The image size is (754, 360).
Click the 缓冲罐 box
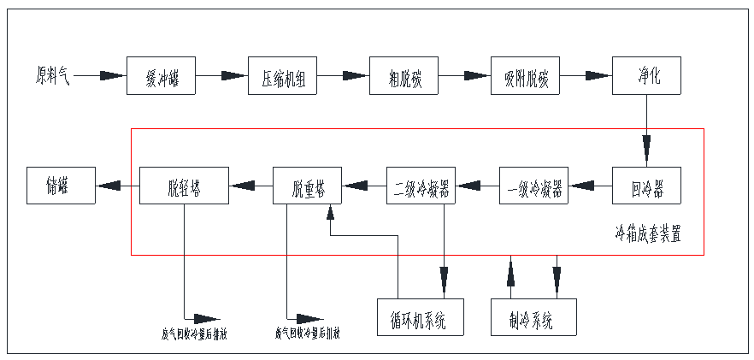tap(162, 76)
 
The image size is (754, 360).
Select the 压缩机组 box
tap(283, 76)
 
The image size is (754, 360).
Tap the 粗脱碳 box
tap(404, 76)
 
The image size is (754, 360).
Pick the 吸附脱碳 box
tap(526, 76)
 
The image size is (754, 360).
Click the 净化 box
tap(647, 76)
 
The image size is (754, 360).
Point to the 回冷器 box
tap(647, 185)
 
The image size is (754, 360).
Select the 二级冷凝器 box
tap(421, 185)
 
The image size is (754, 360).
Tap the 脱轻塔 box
tap(185, 185)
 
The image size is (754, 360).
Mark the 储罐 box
tap(59, 185)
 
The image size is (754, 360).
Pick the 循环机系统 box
tap(421, 316)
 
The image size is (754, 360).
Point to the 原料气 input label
tap(52, 76)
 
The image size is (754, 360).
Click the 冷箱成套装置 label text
tap(648, 232)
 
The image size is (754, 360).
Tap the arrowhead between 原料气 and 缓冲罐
tap(111, 76)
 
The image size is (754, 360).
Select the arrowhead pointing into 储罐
tap(108, 185)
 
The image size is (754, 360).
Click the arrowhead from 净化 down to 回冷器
tap(647, 149)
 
